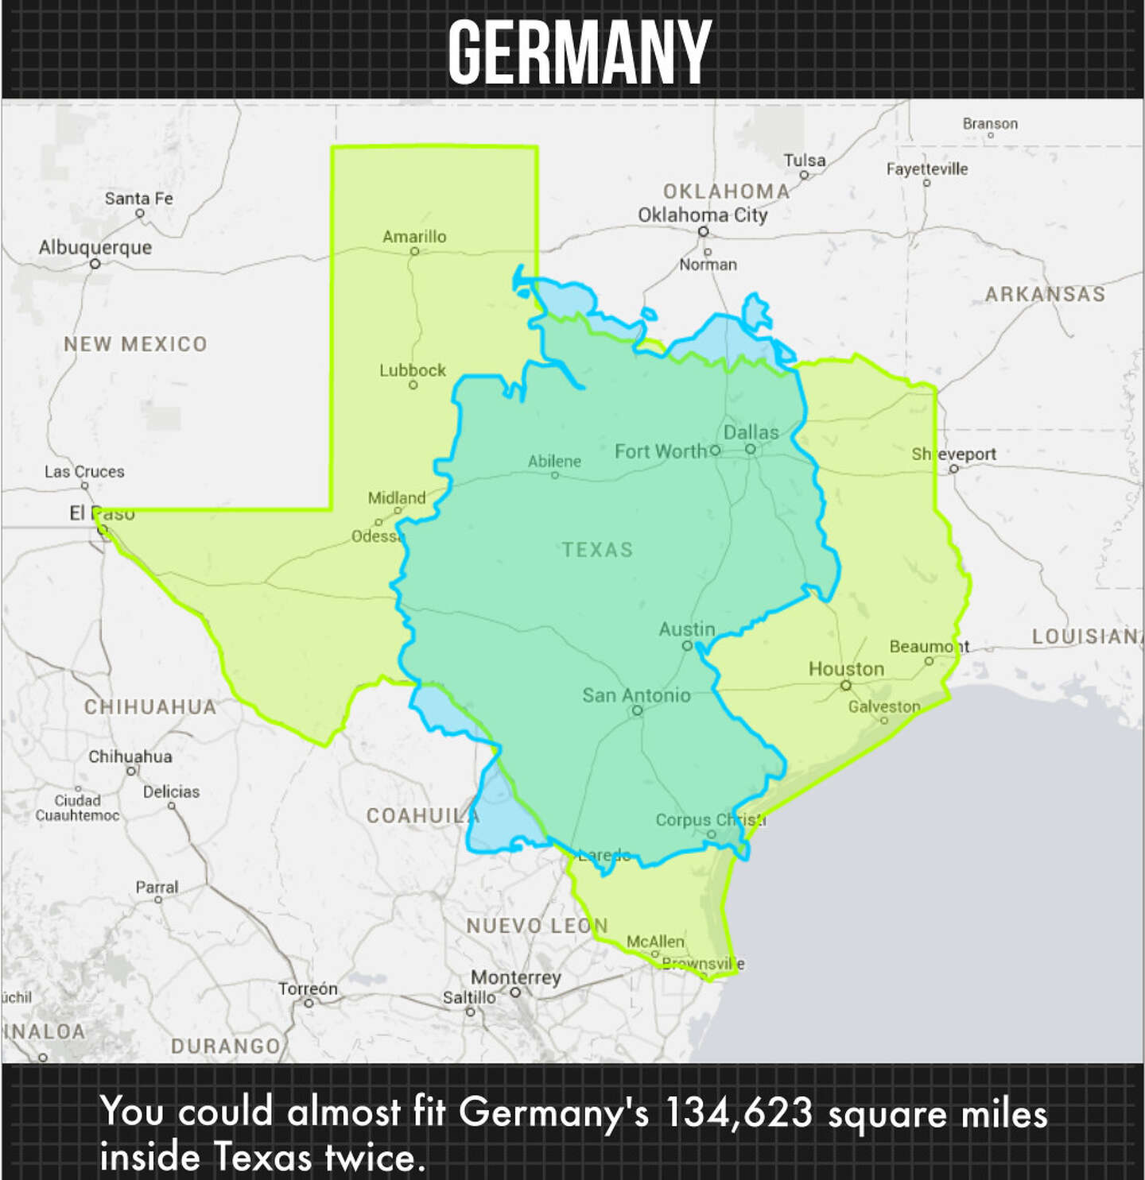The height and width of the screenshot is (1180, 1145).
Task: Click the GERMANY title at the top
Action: point(579,52)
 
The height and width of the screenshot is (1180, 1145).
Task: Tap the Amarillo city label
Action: point(414,236)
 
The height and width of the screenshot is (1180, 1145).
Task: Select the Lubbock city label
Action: point(413,369)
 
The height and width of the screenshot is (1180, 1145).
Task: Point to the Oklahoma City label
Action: point(703,215)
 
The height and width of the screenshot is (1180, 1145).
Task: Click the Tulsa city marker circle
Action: point(804,175)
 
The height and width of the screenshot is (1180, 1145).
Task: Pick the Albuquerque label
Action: point(95,247)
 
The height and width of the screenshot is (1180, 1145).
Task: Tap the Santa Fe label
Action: point(139,198)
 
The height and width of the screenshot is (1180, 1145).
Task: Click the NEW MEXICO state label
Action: point(135,343)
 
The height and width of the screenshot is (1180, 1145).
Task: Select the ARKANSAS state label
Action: point(1045,294)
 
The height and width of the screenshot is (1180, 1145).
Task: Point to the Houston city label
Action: point(846,668)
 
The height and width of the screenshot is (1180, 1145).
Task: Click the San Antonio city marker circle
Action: point(637,710)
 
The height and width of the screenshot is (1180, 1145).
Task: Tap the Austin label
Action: point(687,629)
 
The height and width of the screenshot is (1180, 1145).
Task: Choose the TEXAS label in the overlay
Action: point(597,549)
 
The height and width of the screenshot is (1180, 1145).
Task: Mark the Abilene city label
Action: point(554,461)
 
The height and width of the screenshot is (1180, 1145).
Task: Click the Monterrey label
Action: point(515,977)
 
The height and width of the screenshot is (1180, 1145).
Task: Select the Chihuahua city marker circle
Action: point(131,771)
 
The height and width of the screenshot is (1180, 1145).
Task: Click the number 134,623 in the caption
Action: point(739,1112)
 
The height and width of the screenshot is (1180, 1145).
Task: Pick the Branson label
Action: point(990,123)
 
